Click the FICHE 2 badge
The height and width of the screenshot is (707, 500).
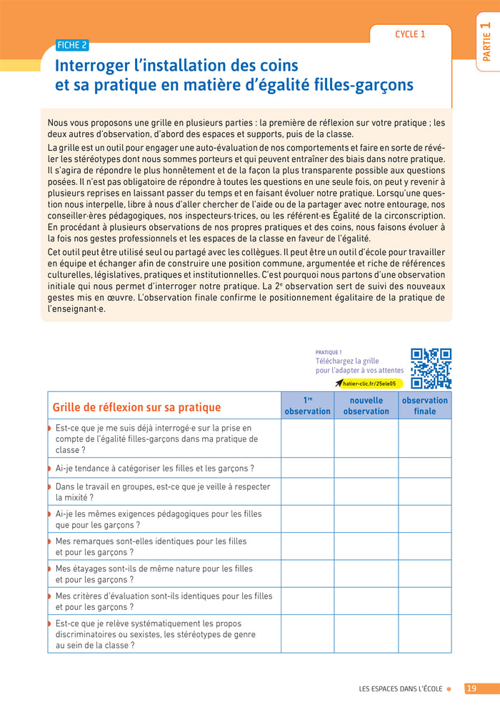point(72,45)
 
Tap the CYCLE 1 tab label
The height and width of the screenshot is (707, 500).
point(410,34)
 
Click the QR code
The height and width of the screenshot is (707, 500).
point(431,368)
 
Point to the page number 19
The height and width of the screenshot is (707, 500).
point(471,688)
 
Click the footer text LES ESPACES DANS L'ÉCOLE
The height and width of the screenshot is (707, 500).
point(400,689)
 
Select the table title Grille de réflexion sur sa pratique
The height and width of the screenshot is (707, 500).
point(137,407)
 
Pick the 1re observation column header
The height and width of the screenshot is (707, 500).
point(307,406)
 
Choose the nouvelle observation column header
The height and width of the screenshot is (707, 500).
point(366,406)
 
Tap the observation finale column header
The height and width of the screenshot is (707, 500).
point(424,406)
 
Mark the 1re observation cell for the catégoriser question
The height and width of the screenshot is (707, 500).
point(307,468)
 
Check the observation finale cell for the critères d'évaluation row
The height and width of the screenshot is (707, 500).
point(424,601)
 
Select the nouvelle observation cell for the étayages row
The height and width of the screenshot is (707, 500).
point(366,574)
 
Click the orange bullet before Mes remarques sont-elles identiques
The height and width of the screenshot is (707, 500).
point(49,541)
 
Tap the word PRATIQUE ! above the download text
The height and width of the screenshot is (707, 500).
point(329,352)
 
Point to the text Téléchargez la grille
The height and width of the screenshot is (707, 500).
point(347,361)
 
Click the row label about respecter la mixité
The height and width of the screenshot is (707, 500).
point(162,492)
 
